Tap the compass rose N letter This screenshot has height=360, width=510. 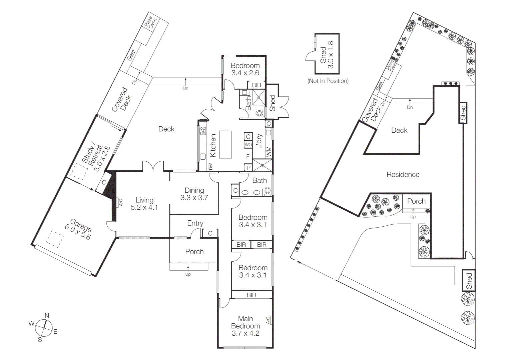(47, 316)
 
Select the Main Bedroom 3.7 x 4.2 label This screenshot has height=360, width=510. (245, 326)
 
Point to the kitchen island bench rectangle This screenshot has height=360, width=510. (225, 144)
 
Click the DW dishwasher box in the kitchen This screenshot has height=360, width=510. (210, 166)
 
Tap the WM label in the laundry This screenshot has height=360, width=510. (269, 152)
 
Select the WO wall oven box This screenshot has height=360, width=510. (248, 145)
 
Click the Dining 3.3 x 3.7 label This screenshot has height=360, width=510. (194, 194)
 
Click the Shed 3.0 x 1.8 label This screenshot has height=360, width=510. (327, 54)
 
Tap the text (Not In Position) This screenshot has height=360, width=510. (328, 81)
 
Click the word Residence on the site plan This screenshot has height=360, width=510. (403, 174)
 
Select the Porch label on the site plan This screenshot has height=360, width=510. (416, 201)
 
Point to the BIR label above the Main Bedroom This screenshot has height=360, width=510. (251, 295)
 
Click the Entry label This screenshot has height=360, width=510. (195, 223)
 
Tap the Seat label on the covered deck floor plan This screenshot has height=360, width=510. (132, 55)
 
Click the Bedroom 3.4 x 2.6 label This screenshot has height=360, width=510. (245, 69)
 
